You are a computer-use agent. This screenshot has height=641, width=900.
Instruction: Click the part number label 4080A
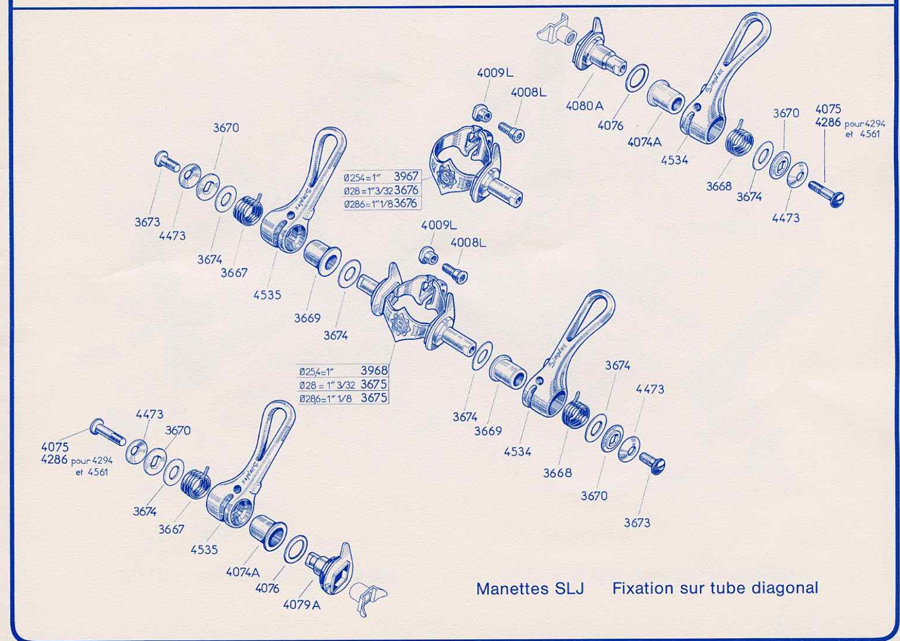pyautogui.click(x=585, y=106)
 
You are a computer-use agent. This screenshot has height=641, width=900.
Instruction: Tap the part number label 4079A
pyautogui.click(x=302, y=605)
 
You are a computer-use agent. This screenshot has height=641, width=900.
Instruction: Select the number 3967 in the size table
pyautogui.click(x=406, y=176)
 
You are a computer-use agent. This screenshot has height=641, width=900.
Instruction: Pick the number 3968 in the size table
pyautogui.click(x=374, y=370)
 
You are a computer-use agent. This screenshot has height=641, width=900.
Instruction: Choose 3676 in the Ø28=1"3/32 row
pyautogui.click(x=407, y=189)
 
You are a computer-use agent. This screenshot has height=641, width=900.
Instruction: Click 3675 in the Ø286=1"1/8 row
pyautogui.click(x=374, y=397)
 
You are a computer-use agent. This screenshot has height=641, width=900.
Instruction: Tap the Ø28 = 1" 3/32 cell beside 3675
pyautogui.click(x=327, y=385)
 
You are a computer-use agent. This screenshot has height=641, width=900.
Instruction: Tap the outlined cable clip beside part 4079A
pyautogui.click(x=367, y=598)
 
